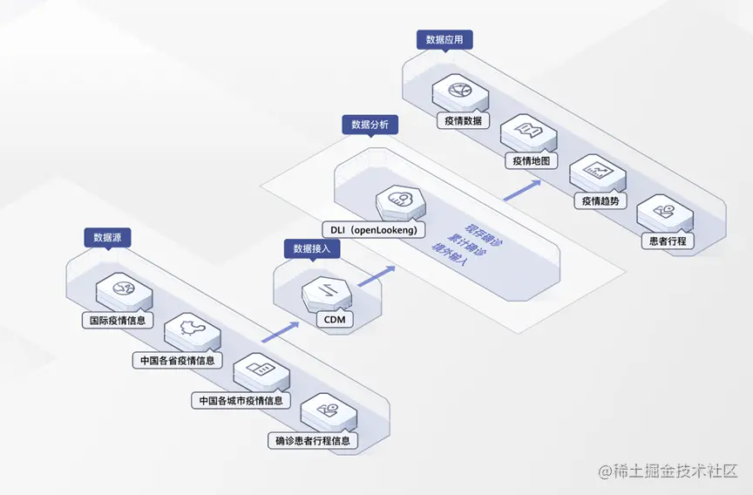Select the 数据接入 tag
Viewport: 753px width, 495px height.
[311, 248]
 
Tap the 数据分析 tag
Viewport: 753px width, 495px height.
[370, 125]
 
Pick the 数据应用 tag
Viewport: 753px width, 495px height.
[444, 39]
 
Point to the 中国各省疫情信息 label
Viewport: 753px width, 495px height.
[176, 360]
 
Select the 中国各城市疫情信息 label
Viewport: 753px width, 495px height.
[241, 401]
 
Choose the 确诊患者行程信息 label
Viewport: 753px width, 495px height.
[312, 441]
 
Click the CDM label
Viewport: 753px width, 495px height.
[335, 320]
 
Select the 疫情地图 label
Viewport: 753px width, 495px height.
[530, 161]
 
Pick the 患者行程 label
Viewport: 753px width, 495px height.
[667, 241]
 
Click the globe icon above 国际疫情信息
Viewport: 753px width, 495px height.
[120, 288]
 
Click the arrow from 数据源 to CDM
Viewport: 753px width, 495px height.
[277, 331]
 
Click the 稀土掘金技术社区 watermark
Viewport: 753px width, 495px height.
[668, 471]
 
